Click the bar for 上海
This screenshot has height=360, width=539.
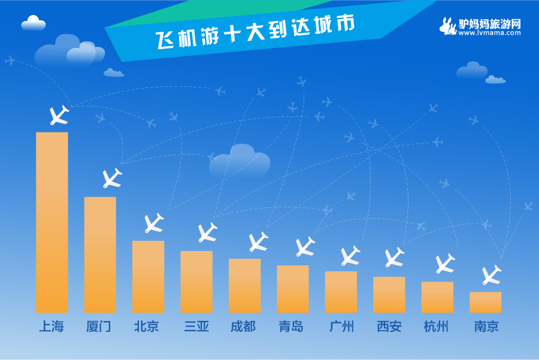pos(52,222)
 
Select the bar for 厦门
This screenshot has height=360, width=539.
pos(100,255)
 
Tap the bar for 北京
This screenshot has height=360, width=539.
pos(148,277)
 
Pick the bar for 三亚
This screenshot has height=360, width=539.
pos(196,282)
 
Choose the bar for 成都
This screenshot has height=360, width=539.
pos(245,286)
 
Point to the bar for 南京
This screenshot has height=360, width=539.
pos(485,302)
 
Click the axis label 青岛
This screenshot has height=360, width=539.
pos(291,326)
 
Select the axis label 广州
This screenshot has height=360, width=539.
pos(341,326)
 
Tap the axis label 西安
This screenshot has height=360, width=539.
pos(389,326)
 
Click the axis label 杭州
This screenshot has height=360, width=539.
pos(436,326)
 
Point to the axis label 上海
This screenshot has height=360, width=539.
pos(52,326)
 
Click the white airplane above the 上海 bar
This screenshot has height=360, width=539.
pos(59,115)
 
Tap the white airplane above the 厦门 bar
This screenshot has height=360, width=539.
pos(112,178)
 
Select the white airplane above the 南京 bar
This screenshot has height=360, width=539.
pos(492,275)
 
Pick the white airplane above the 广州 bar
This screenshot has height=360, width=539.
pos(350,255)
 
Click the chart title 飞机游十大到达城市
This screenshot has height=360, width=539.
pos(255,32)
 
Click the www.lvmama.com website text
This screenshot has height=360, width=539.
pos(489,33)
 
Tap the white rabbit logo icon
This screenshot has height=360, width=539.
pos(448,26)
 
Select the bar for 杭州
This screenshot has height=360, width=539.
pos(437,297)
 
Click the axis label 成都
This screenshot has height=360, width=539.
pos(243,326)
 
